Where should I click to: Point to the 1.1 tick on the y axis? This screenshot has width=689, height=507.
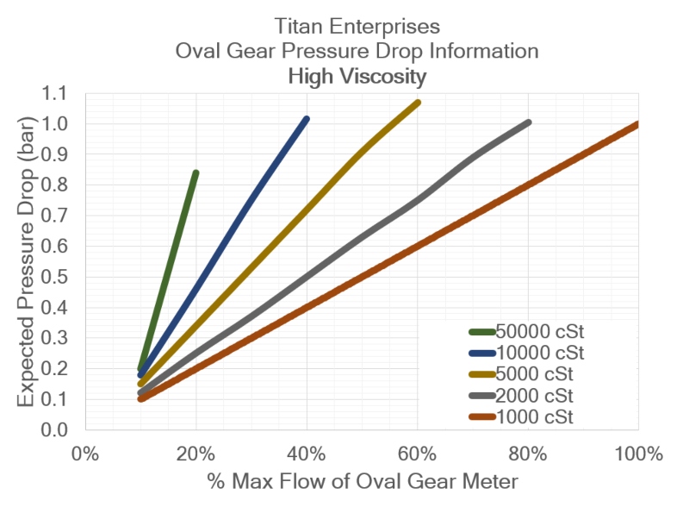coord(63,94)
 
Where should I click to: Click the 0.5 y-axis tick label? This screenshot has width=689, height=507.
coord(63,278)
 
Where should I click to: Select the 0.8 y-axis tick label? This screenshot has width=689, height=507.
coord(63,185)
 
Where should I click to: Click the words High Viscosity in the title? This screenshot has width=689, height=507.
coord(357,77)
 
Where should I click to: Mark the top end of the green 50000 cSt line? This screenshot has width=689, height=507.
coord(196,173)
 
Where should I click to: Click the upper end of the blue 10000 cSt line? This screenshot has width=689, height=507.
coord(306,119)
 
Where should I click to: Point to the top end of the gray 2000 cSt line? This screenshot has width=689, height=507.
coord(527,122)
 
